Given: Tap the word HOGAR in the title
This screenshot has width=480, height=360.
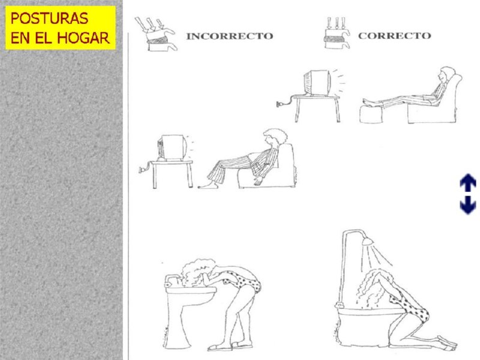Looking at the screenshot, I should point(86,38).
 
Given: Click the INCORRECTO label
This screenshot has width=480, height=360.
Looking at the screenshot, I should point(230,36).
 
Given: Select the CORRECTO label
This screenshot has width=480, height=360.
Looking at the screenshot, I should point(394,35).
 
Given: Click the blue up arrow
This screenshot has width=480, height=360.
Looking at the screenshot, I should point(467,182).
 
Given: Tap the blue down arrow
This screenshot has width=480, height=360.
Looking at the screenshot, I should point(467,205).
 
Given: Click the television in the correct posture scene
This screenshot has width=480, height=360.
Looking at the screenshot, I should point(317,85).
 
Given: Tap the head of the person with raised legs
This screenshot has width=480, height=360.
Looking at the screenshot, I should point(446,75).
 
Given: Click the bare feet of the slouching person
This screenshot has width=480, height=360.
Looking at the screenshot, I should point(205,185).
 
